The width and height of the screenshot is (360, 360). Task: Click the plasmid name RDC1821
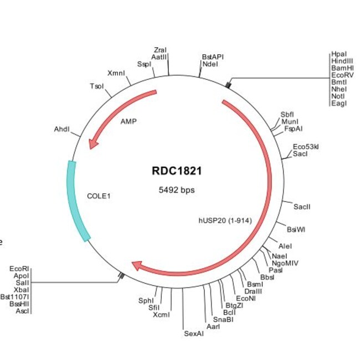[x=177, y=171]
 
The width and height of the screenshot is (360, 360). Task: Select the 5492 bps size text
[x=177, y=190]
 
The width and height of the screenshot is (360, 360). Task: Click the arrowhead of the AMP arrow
[x=92, y=144]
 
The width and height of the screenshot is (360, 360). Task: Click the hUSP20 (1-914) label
[x=225, y=220]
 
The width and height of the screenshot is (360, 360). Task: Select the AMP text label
[x=128, y=121]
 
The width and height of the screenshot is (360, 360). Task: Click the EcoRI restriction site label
[x=19, y=269]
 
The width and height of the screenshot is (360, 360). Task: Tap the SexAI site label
[x=193, y=333]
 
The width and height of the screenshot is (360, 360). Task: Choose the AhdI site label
[x=62, y=129]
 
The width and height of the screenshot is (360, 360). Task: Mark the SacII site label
[x=302, y=207]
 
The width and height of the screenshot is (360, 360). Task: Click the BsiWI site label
[x=296, y=229]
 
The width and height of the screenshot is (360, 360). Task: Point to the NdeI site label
[x=210, y=64]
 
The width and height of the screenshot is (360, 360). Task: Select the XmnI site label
[x=116, y=73]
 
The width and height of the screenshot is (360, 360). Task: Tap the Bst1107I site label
[x=15, y=297]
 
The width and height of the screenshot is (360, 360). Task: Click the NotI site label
[x=338, y=96]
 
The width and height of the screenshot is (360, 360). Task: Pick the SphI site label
[x=146, y=301]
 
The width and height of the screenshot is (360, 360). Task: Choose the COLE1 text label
[x=99, y=196]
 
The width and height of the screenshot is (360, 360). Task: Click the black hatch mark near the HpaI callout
[x=228, y=85]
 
